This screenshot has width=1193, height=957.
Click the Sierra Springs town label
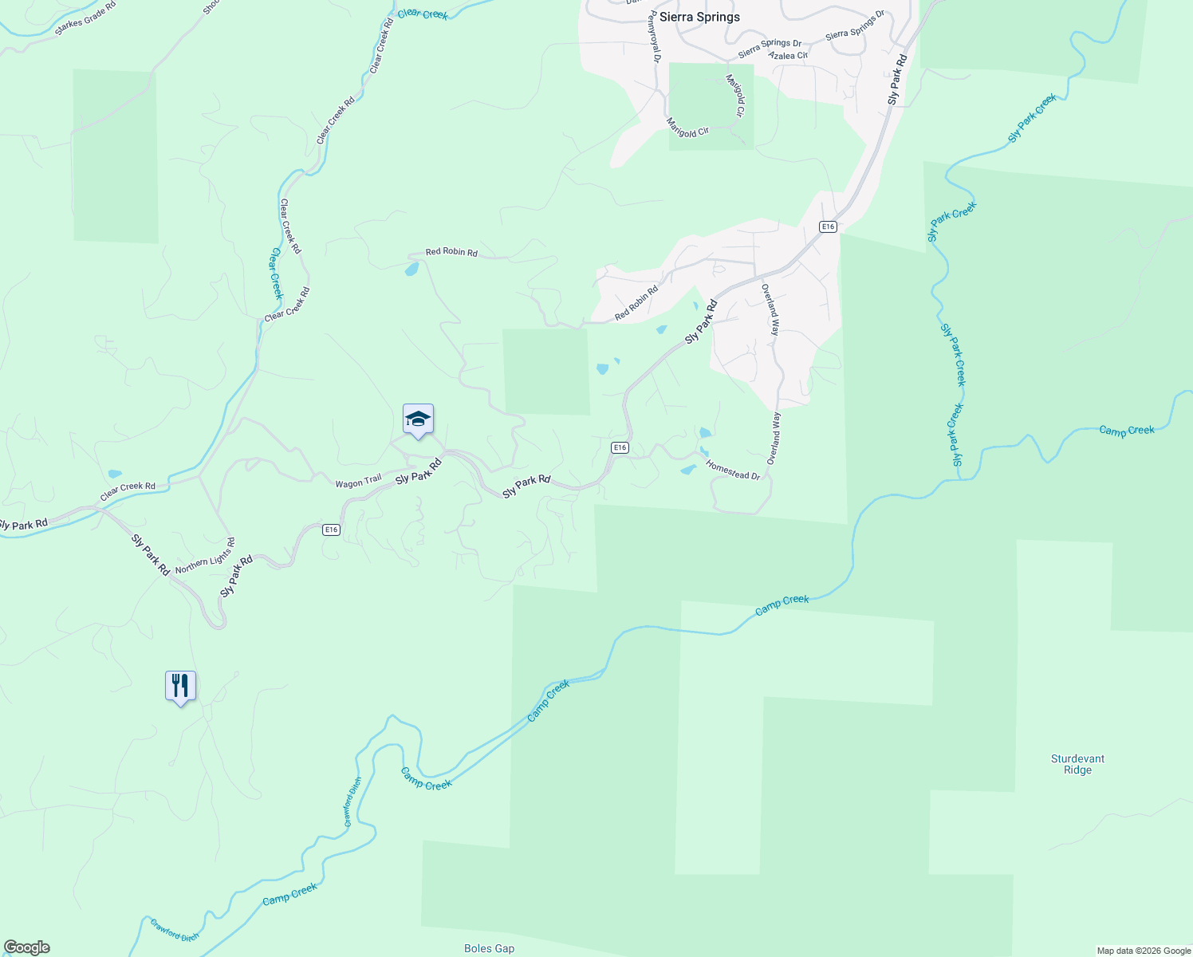tap(699, 17)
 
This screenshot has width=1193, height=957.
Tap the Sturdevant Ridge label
tap(1077, 764)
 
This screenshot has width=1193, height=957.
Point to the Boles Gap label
tap(489, 948)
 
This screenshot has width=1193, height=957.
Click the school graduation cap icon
tap(418, 419)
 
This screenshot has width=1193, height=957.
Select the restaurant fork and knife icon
tap(180, 686)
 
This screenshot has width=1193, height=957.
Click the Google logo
tap(26, 947)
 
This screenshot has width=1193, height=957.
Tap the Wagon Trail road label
tap(358, 482)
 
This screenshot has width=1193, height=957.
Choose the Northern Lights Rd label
tap(205, 556)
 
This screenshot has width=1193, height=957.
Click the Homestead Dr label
tap(734, 471)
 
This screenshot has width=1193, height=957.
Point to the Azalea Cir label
tap(788, 56)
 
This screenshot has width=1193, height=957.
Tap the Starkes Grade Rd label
tap(85, 18)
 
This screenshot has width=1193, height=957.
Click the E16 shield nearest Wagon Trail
tap(332, 530)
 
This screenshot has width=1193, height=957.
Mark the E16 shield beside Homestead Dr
tap(620, 447)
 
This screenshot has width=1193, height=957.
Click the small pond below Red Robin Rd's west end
tap(411, 270)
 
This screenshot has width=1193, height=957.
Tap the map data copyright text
tap(1143, 951)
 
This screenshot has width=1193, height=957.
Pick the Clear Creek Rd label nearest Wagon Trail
tap(128, 490)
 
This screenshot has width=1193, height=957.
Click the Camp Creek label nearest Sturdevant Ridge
tap(1126, 431)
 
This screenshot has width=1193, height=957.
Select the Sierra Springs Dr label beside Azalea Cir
tap(770, 49)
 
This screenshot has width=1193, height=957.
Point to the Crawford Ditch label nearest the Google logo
tap(175, 931)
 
